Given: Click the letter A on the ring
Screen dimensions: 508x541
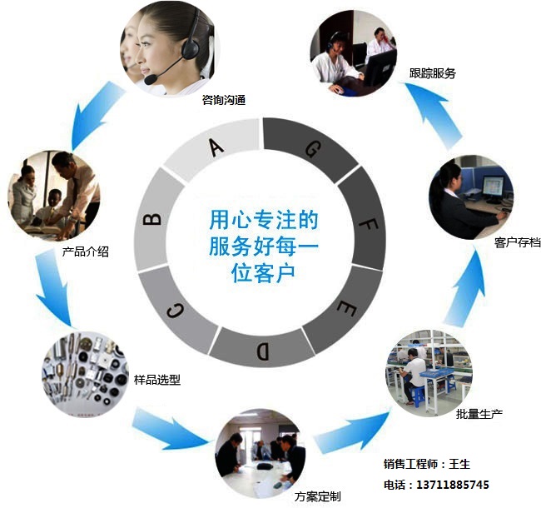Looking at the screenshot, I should click(x=216, y=147).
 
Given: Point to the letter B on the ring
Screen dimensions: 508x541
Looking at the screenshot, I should click(x=152, y=219).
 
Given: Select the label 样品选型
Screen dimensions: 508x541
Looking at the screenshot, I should click(x=157, y=380).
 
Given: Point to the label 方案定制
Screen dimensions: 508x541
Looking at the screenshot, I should click(x=318, y=497).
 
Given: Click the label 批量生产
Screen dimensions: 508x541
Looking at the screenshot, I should click(x=479, y=414).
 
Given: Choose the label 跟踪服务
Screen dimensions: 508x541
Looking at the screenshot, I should click(x=433, y=73).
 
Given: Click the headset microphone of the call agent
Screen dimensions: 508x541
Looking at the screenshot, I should click(x=151, y=80).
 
